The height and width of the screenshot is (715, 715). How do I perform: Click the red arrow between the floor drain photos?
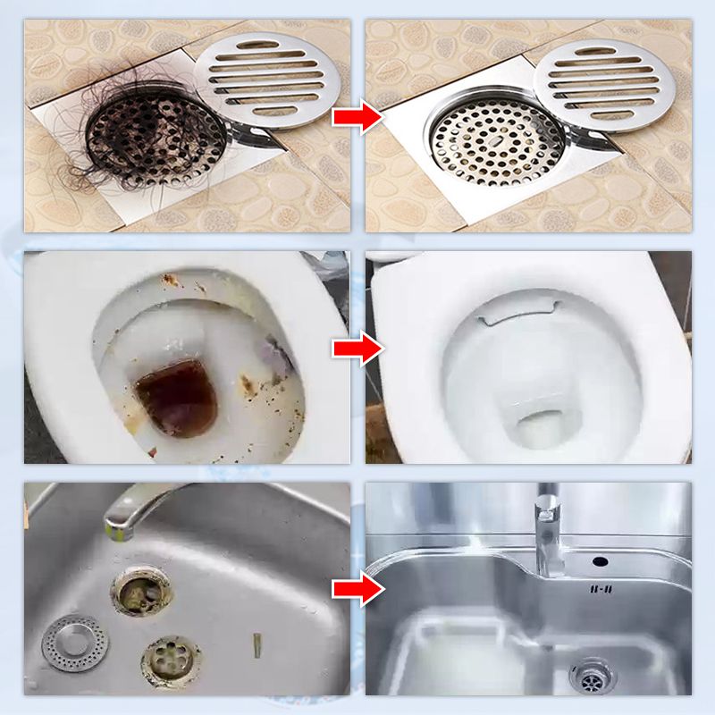click(x=357, y=118)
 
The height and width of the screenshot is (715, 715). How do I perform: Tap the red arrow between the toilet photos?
click(x=357, y=349)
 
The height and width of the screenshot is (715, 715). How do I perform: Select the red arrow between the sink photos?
click(x=357, y=588)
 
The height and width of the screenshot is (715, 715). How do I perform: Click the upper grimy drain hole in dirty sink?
click(x=141, y=591)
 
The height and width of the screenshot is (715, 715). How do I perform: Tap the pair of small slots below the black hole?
click(x=600, y=589)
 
